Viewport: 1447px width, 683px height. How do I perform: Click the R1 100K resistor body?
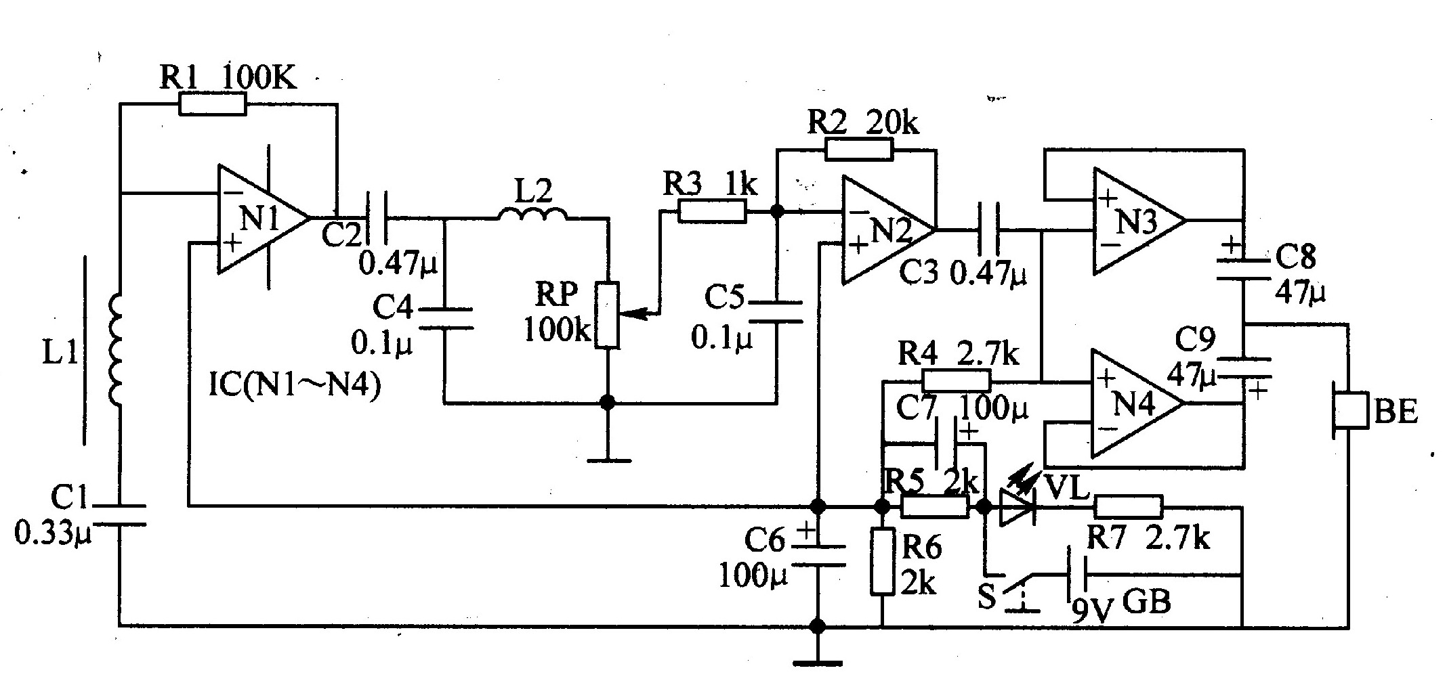212,104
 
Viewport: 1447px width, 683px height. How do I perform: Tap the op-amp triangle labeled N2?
888,230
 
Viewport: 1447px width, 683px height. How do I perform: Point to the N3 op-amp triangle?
1139,221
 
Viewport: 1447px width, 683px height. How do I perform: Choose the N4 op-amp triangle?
1138,403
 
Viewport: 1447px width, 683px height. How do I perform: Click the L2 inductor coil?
533,215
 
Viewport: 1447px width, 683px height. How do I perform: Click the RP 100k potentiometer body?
608,316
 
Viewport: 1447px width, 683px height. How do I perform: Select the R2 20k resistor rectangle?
859,148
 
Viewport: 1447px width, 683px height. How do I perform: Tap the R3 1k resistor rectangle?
712,211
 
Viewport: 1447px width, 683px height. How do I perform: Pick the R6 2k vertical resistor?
883,563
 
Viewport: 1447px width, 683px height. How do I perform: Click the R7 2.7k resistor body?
1129,506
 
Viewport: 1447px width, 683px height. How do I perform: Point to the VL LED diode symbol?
1017,506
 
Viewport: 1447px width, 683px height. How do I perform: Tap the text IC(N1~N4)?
295,387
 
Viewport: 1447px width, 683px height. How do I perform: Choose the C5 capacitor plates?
776,311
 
